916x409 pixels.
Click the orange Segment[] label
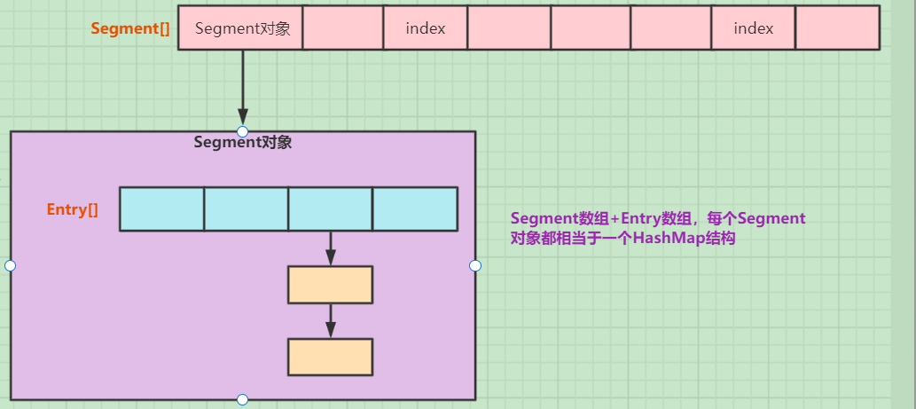click(130, 28)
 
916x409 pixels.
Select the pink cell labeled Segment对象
click(240, 28)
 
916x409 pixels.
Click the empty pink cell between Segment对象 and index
click(343, 28)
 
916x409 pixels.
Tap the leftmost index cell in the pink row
click(426, 28)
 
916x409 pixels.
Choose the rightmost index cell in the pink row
click(754, 28)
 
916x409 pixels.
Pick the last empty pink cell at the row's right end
click(837, 28)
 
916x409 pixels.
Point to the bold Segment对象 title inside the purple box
click(243, 142)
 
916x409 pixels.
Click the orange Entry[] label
click(73, 209)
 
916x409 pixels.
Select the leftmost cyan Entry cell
click(161, 209)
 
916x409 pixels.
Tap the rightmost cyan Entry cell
click(415, 209)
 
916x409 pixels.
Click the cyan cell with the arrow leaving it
click(331, 209)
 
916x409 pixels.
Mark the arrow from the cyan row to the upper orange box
click(331, 248)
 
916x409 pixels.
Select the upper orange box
click(331, 285)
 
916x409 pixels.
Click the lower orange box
click(331, 357)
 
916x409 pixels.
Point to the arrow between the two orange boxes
click(331, 320)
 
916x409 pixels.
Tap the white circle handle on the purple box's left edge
click(11, 265)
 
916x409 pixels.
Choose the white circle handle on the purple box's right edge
click(475, 265)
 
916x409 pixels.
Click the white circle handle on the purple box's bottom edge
click(243, 399)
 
